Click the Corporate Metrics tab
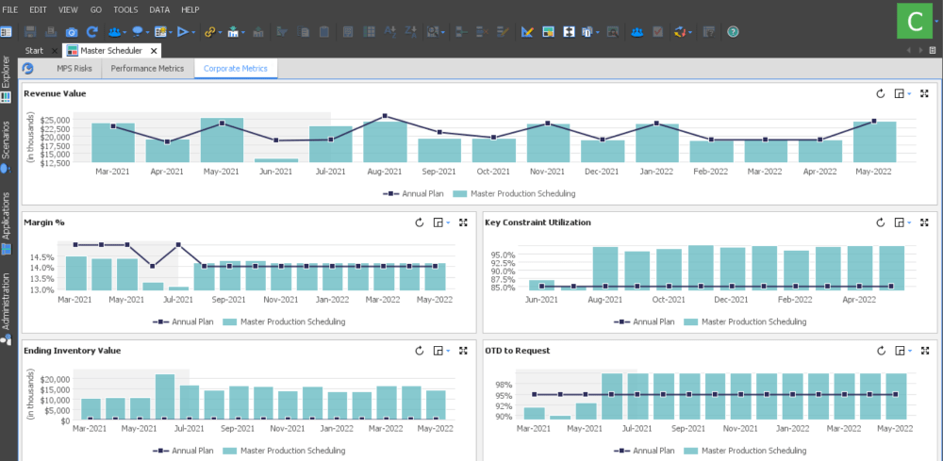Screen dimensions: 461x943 [235, 69]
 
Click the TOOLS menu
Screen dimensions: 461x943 [125, 8]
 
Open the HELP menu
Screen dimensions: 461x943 [190, 8]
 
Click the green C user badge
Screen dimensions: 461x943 [913, 20]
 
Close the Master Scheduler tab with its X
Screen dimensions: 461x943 [154, 50]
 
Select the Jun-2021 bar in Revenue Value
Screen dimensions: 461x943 [275, 160]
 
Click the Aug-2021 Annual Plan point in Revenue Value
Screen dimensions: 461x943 [385, 117]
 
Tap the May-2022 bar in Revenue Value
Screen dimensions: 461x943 [874, 141]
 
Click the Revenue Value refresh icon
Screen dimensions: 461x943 [880, 94]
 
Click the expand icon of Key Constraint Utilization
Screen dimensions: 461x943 [923, 222]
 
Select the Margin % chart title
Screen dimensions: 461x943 [44, 222]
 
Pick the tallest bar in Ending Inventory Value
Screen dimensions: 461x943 [165, 396]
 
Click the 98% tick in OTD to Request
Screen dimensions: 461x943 [504, 385]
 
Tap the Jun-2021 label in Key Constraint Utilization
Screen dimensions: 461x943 [540, 299]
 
